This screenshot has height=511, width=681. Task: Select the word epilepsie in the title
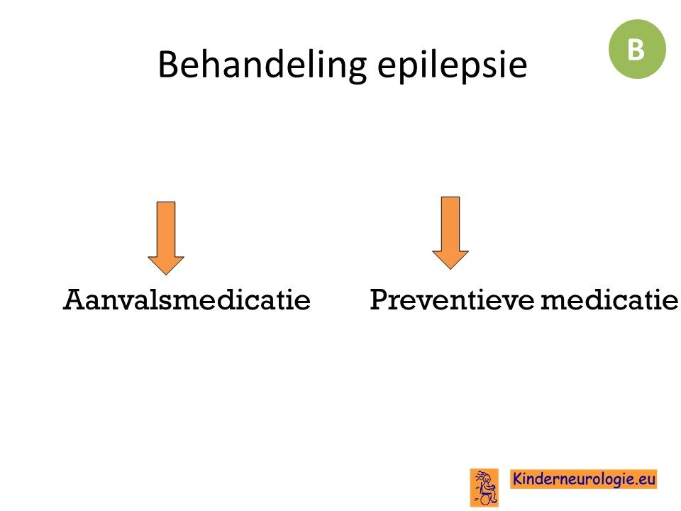[x=452, y=65]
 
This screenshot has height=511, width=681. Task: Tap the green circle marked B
[x=637, y=49]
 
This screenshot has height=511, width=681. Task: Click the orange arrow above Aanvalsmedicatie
[x=166, y=238]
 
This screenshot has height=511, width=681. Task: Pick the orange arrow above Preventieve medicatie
[x=450, y=233]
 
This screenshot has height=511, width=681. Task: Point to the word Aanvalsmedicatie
[x=187, y=300]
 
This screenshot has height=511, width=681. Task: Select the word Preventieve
[x=452, y=300]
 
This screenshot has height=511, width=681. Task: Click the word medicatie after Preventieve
[x=609, y=300]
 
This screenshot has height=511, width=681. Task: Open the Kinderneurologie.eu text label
[x=583, y=479]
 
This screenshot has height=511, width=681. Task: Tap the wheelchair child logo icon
[x=485, y=488]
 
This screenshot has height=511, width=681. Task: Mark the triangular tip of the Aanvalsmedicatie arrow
[x=166, y=274]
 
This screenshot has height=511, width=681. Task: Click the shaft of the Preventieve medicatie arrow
[x=450, y=224]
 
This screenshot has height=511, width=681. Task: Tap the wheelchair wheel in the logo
[x=485, y=499]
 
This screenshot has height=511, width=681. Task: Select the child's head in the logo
[x=487, y=479]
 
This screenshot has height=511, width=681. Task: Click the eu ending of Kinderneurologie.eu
[x=646, y=480]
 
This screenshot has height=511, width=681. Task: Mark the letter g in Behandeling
[x=356, y=70]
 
